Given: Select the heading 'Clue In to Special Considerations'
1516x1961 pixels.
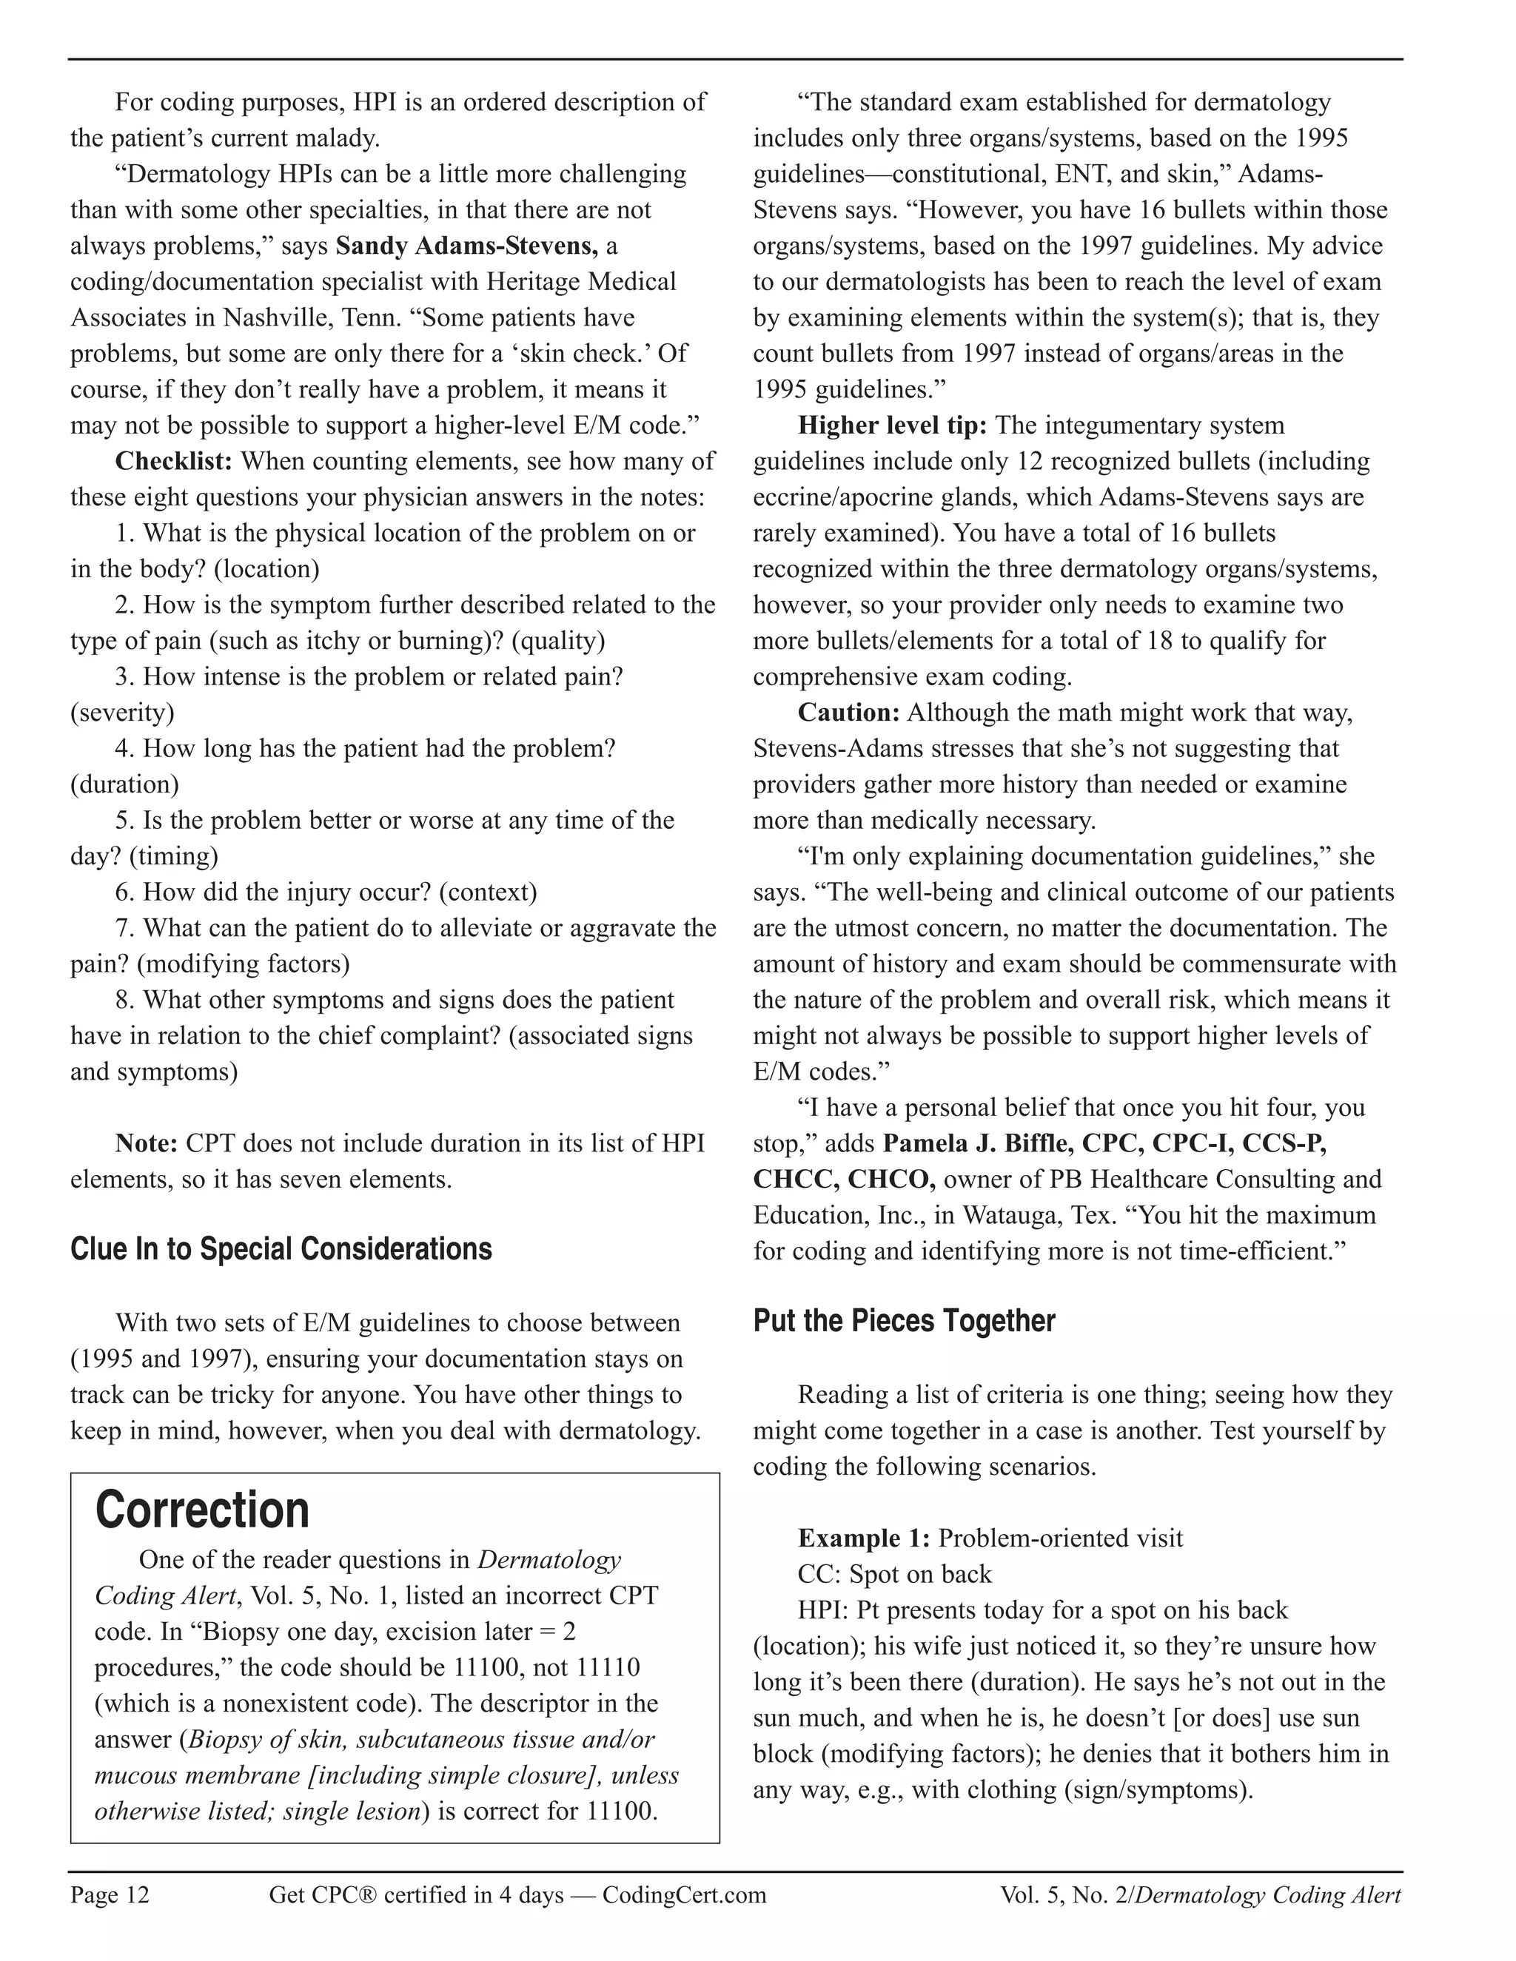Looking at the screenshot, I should tap(281, 1249).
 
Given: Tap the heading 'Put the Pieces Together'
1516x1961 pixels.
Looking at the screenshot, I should tap(904, 1321).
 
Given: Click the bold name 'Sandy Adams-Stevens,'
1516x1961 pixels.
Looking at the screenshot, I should tap(466, 245).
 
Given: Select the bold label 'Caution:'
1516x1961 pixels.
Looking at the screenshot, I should tap(849, 712).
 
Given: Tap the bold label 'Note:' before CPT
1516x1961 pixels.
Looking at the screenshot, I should tap(147, 1143).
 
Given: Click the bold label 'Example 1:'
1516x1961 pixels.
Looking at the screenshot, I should tap(863, 1538).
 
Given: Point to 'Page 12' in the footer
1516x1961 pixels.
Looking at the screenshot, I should tap(110, 1894).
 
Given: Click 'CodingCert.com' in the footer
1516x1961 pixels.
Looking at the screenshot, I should tap(685, 1894).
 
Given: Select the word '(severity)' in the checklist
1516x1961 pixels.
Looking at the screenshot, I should tap(122, 712).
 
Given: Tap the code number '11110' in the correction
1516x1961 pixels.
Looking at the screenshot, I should tap(607, 1667).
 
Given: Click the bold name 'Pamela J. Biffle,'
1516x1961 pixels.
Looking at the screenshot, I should tap(978, 1143).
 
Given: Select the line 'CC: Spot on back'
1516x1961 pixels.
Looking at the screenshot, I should tap(894, 1574).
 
